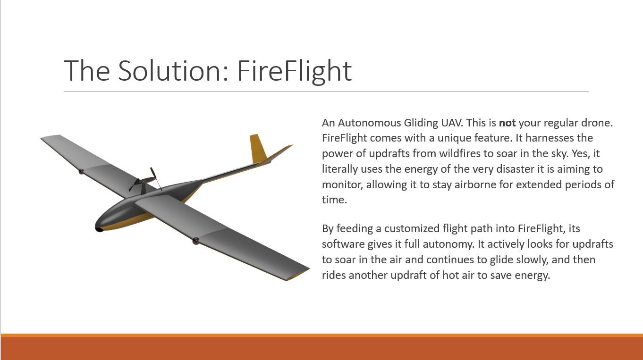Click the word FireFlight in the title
pos(295,71)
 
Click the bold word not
pos(507,123)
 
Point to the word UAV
pos(452,123)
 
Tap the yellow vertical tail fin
pos(258,148)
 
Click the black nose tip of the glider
pos(99,229)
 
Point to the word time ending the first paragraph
pos(334,200)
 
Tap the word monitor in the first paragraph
pos(342,184)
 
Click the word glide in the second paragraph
pos(501,260)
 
